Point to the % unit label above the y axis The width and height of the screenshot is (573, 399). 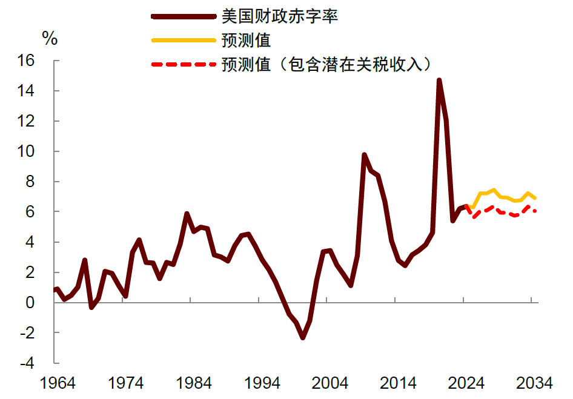(x=50, y=39)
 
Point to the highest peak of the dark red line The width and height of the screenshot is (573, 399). (x=439, y=80)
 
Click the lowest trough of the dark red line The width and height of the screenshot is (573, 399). (x=303, y=338)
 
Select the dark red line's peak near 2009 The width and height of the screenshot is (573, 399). (x=364, y=155)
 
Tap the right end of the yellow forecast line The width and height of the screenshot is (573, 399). (x=535, y=198)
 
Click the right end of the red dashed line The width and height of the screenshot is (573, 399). (x=535, y=211)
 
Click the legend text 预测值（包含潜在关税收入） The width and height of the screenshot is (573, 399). (x=328, y=64)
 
